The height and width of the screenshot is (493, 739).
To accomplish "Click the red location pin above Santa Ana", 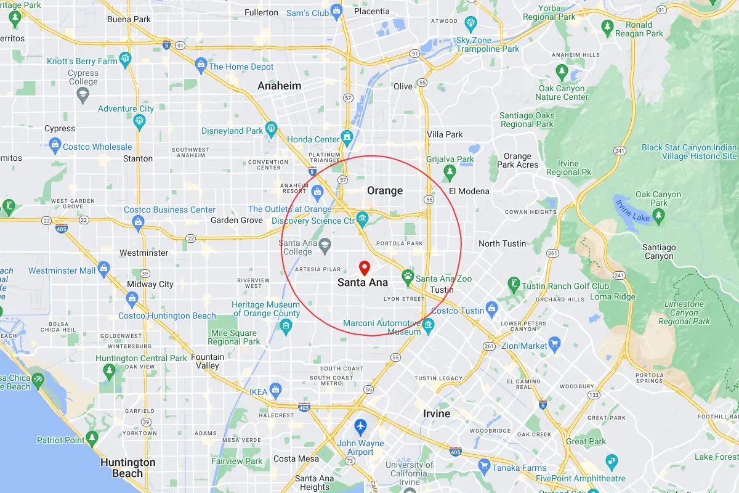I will pos(364,268).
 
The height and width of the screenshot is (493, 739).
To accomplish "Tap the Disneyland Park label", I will pos(232,131).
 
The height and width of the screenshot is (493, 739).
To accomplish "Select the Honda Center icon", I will pos(347,135).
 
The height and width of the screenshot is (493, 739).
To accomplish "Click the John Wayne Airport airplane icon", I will pos(360,426).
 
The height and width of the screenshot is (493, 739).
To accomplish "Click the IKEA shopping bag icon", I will pos(275,389).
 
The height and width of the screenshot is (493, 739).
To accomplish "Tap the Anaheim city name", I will pos(279,86).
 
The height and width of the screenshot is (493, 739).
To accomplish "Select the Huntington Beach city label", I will pos(127,468).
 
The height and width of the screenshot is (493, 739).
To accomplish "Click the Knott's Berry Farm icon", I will pos(126,59).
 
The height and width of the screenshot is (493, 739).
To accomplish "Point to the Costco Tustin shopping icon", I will pos(491,307).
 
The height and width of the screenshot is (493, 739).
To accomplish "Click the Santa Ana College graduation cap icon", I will pos(324,248).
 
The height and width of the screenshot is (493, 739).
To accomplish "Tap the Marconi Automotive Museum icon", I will pos(429,325).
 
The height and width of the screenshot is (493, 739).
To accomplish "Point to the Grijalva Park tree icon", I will pos(450,172).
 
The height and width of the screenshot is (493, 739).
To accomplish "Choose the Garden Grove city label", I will pos(236,220).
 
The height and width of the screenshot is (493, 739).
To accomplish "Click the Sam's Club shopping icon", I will pos(336,10).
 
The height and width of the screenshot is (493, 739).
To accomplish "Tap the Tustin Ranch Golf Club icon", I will pos(513,284).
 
